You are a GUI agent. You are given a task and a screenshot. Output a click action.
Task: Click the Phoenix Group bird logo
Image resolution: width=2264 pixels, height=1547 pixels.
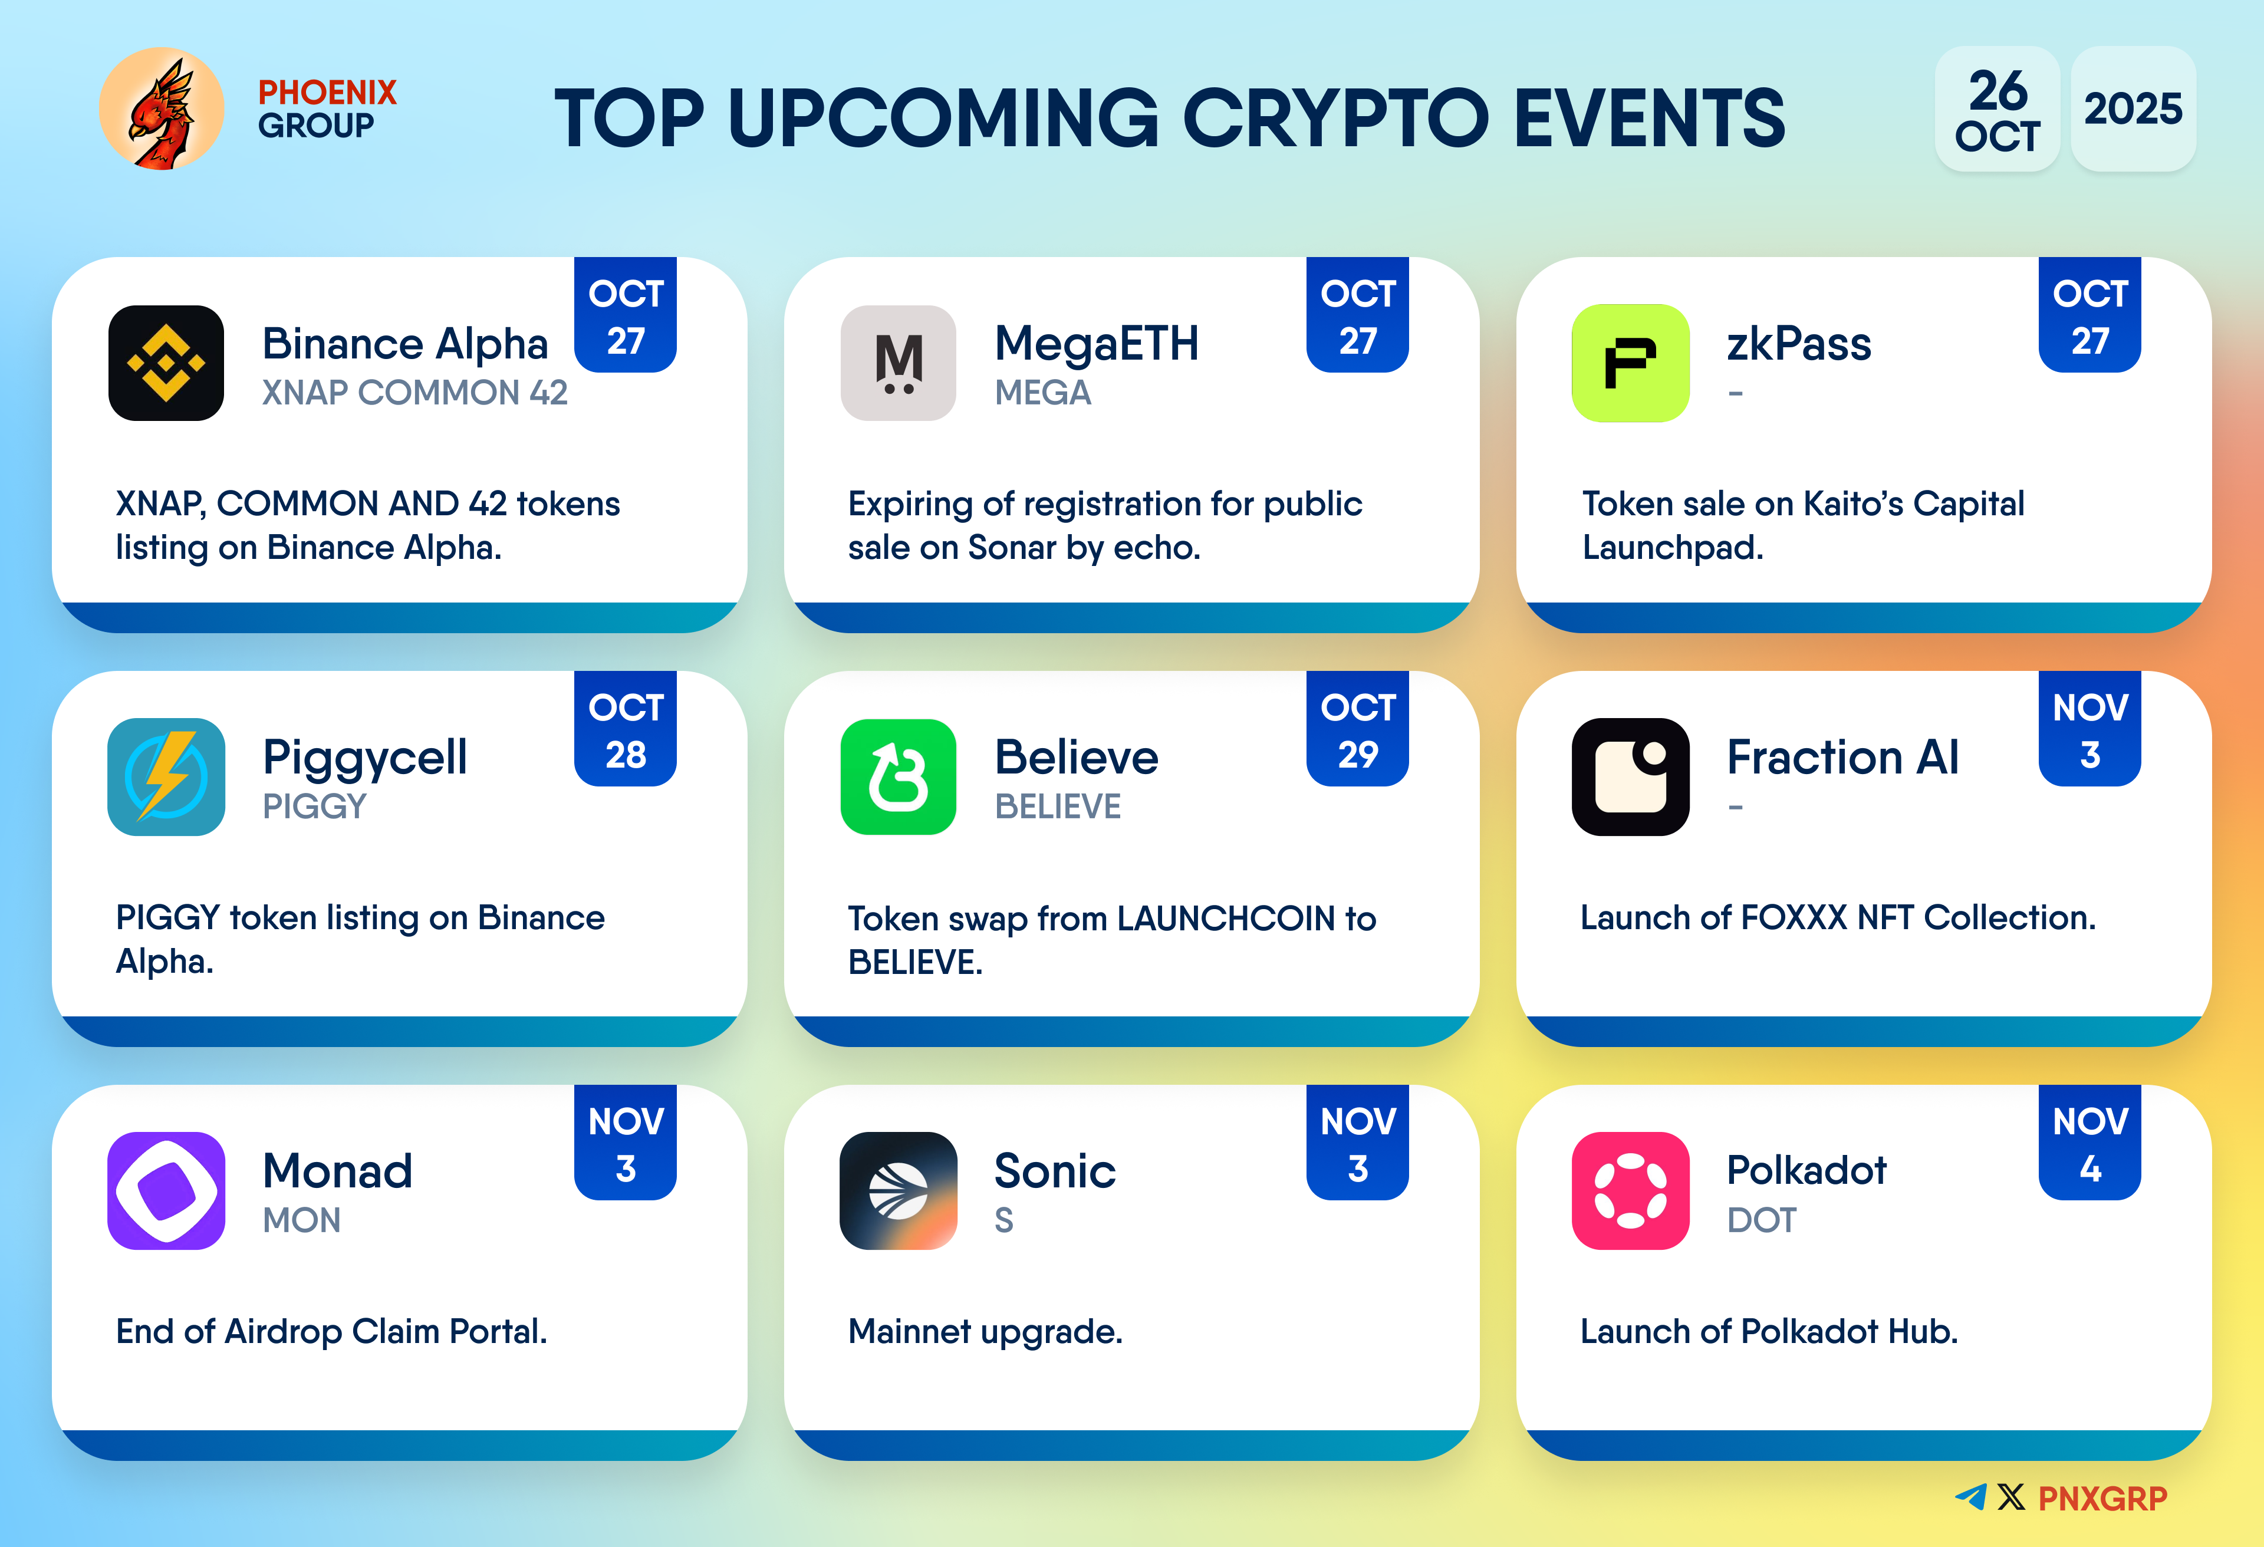pos(162,109)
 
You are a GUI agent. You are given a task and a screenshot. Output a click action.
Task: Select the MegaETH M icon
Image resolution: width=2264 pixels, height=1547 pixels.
pos(898,363)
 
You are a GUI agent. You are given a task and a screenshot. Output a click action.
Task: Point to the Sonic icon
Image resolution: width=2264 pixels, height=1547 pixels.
pos(898,1190)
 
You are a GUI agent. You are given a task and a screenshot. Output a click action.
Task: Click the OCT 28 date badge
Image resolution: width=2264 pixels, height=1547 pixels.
pos(626,729)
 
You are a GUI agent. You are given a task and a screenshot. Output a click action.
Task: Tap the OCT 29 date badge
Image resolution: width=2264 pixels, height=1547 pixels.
pos(1358,729)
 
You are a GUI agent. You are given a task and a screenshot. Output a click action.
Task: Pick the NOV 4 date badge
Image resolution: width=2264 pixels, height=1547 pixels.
pos(2089,1143)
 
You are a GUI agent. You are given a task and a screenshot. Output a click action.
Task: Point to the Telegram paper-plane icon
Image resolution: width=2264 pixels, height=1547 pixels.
pos(1971,1496)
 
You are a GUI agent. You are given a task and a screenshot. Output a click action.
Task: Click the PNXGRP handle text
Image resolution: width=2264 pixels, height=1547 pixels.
pos(2102,1498)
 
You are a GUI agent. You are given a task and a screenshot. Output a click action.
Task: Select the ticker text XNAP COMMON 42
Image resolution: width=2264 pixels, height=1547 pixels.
pos(415,393)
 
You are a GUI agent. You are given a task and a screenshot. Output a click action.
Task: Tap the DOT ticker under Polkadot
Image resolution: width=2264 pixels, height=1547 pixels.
pos(1761,1220)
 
